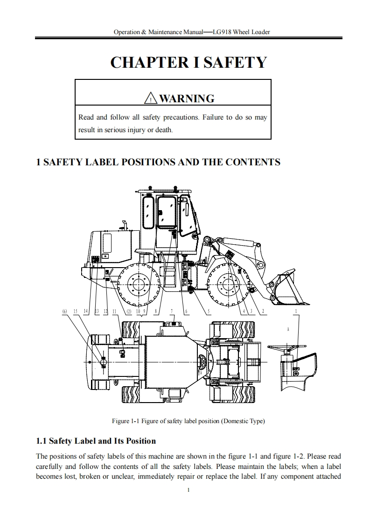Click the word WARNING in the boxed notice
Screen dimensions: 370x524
point(187,99)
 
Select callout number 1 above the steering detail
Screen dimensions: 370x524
point(296,312)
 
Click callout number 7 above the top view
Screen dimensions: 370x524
point(172,312)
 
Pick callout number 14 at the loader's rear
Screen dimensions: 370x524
point(86,312)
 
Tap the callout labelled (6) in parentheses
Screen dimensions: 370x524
point(65,312)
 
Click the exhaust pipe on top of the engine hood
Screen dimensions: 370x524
point(124,226)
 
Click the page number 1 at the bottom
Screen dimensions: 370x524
point(187,490)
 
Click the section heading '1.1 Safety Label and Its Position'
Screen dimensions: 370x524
point(96,441)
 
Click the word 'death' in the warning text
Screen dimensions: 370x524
point(163,130)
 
